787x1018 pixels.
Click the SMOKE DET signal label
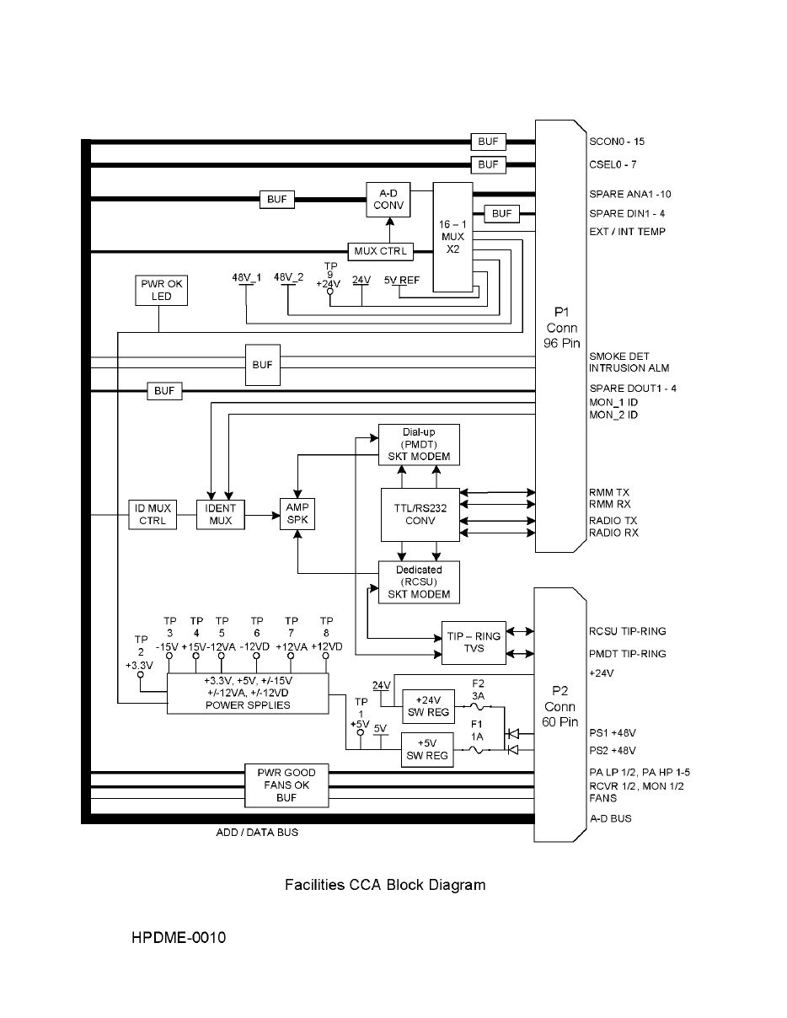coord(618,356)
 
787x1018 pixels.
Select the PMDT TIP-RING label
coord(627,653)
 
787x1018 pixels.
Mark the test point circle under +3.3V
coord(140,675)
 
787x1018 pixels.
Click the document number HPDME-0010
coord(179,937)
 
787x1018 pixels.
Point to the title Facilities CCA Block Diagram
coord(385,885)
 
